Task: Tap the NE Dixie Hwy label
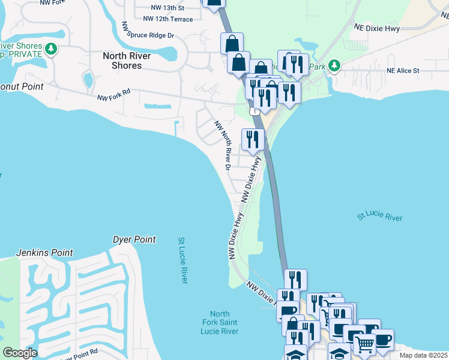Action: (376, 28)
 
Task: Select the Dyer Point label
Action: (134, 239)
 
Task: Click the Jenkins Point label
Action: (44, 253)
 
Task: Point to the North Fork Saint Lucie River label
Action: (220, 323)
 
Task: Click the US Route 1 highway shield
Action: (256, 112)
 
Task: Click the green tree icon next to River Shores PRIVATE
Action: (52, 47)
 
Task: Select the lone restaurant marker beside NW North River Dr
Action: (253, 139)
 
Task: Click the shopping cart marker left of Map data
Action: (364, 344)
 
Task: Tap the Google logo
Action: (20, 353)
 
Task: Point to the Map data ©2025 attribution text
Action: (423, 355)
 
